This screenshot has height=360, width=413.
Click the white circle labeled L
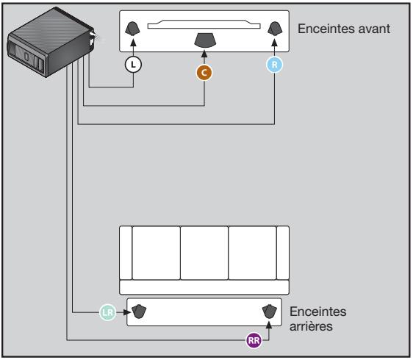(x=133, y=64)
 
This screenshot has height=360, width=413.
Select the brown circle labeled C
(x=204, y=72)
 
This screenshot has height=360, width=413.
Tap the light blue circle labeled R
(x=274, y=65)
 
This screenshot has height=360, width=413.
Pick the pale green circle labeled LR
(x=107, y=312)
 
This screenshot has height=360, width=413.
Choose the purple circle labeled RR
(x=254, y=339)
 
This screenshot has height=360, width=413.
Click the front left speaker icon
(x=133, y=29)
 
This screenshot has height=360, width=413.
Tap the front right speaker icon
(x=275, y=29)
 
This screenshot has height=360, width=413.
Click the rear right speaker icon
(x=270, y=312)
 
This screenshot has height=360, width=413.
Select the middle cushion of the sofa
(x=204, y=251)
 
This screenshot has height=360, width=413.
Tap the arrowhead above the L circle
(x=133, y=48)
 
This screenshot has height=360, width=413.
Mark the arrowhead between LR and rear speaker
(x=123, y=312)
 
